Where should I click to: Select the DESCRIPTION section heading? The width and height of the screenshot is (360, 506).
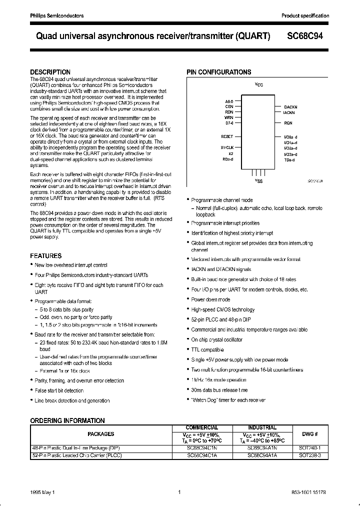tap(50, 72)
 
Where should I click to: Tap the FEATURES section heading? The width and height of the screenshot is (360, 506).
tap(46, 255)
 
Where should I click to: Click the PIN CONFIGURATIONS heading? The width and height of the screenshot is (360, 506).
tap(219, 72)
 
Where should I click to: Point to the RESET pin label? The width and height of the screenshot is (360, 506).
tap(227, 136)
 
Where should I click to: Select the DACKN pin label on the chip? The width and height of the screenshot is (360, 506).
tap(290, 107)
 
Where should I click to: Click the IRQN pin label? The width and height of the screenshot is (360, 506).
tap(288, 122)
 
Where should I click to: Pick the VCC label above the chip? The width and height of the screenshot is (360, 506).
tap(258, 85)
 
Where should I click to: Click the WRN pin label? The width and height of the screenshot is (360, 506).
tap(229, 117)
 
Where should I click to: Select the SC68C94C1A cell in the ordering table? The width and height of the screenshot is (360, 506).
tap(202, 455)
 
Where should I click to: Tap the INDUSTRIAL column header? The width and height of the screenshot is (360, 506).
tap(262, 427)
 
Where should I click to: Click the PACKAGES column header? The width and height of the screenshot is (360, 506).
tap(101, 434)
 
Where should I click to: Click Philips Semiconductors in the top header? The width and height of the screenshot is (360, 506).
tap(55, 16)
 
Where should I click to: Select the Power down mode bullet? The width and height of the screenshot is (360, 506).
tap(210, 299)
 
